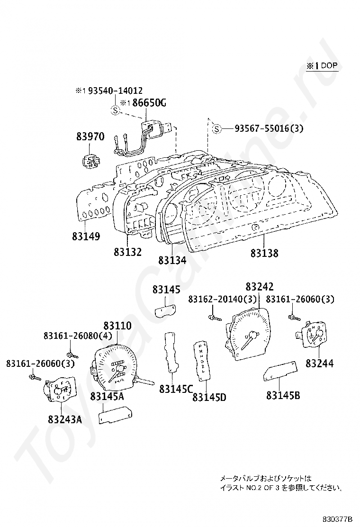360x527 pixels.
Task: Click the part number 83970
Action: tap(90, 136)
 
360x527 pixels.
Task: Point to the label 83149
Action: tap(86, 236)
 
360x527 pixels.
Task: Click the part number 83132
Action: tap(127, 252)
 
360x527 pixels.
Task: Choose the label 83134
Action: tap(172, 260)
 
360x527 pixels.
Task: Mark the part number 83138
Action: tap(264, 253)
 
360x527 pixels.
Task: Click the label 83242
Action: tap(260, 287)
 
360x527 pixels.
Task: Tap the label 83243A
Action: tap(64, 419)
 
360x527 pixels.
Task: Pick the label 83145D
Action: tap(209, 397)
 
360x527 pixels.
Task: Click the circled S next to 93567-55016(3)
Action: tap(216, 128)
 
